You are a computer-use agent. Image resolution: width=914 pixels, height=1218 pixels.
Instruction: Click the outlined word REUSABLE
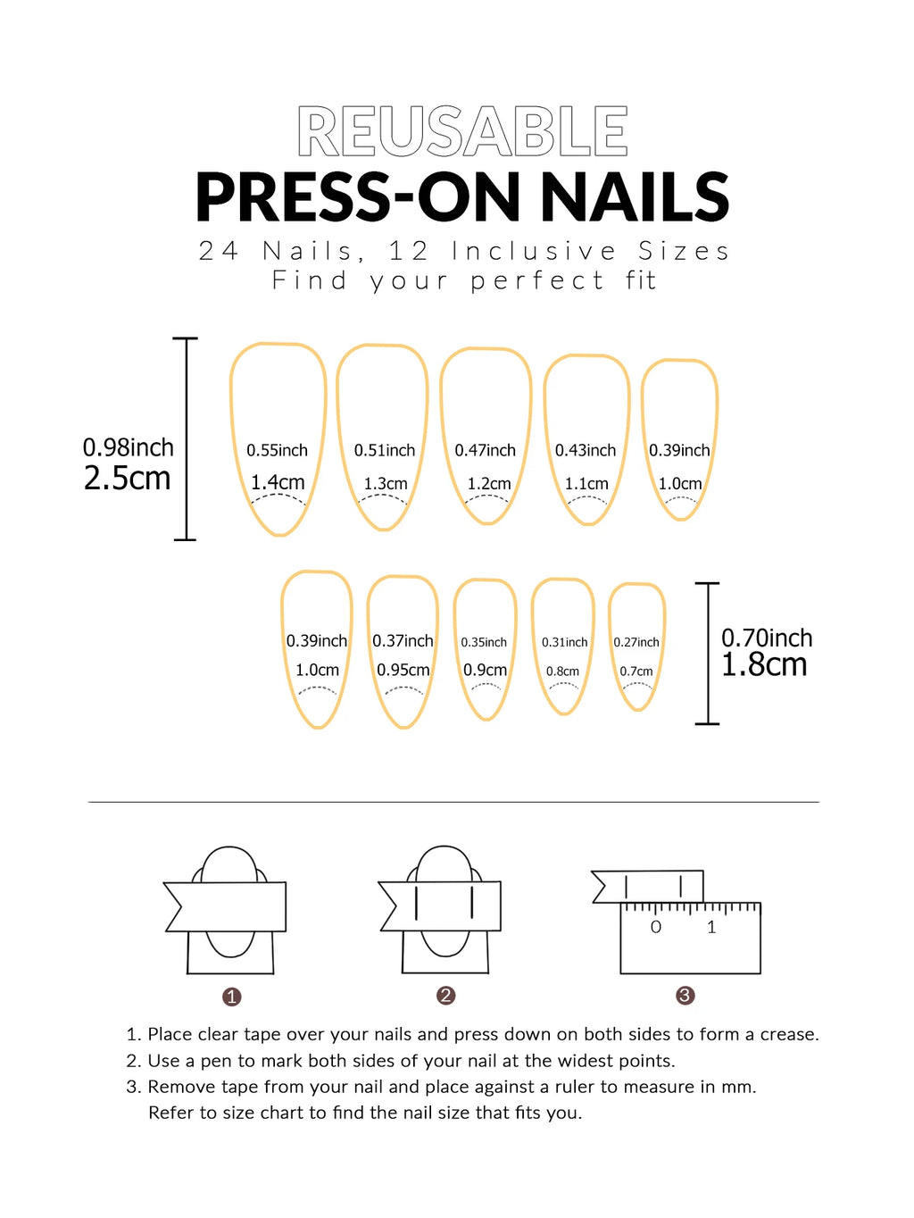(462, 132)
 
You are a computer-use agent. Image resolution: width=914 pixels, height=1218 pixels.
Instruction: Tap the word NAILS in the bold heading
(635, 197)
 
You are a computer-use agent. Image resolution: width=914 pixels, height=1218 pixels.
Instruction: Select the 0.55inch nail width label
(277, 450)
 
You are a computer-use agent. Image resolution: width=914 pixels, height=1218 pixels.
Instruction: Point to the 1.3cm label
(385, 483)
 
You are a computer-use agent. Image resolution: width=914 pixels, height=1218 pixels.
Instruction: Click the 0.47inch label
(485, 450)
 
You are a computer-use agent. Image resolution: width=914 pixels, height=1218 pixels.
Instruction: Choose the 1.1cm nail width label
(586, 483)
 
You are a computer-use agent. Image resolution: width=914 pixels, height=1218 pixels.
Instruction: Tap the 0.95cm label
(403, 670)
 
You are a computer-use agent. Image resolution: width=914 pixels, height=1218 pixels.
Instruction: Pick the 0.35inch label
(484, 642)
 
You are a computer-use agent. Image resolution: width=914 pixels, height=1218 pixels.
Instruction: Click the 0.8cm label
(562, 672)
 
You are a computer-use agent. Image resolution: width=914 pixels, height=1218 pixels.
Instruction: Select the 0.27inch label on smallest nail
(636, 642)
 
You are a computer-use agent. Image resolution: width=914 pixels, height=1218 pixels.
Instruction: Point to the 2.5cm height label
(127, 479)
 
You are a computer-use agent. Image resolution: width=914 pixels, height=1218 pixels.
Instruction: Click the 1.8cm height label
(764, 665)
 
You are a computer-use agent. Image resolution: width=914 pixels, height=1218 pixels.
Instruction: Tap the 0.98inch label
(128, 447)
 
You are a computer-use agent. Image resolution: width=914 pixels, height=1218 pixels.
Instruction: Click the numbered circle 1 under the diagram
(232, 997)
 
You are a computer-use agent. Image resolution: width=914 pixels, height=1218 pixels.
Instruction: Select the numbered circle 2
(446, 996)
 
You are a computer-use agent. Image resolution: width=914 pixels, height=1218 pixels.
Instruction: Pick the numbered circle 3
(685, 996)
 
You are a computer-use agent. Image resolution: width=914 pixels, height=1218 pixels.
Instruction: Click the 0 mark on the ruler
(656, 928)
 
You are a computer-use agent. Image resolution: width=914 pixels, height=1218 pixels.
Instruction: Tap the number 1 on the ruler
(711, 928)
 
